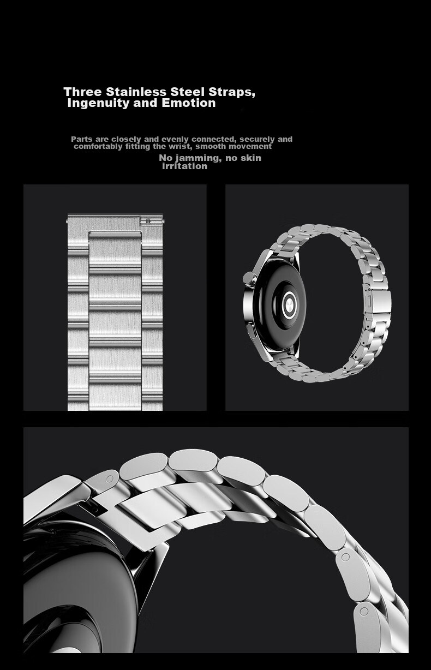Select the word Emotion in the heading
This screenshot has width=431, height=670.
(x=188, y=103)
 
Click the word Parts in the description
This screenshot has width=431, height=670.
(x=82, y=139)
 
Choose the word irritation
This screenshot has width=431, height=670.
(x=184, y=166)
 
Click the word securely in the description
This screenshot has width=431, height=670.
(x=257, y=139)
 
